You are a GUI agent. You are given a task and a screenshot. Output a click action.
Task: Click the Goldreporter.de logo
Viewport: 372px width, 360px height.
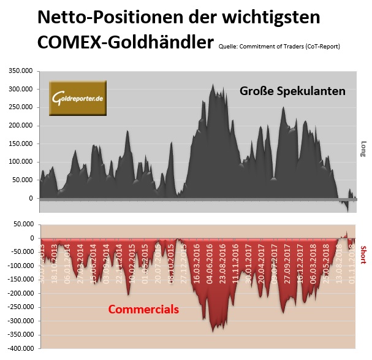pos(77,98)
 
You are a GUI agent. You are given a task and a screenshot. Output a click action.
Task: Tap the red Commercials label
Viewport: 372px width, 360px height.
pos(143,309)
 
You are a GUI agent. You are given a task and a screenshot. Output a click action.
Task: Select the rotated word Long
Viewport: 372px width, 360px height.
pos(363,149)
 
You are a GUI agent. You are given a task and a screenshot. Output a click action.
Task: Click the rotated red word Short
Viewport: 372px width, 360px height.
pos(363,254)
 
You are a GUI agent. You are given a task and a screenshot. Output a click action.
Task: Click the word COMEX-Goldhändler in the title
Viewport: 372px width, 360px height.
pos(126,42)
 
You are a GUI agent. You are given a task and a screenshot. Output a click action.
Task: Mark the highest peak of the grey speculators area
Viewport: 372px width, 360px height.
pos(213,85)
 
